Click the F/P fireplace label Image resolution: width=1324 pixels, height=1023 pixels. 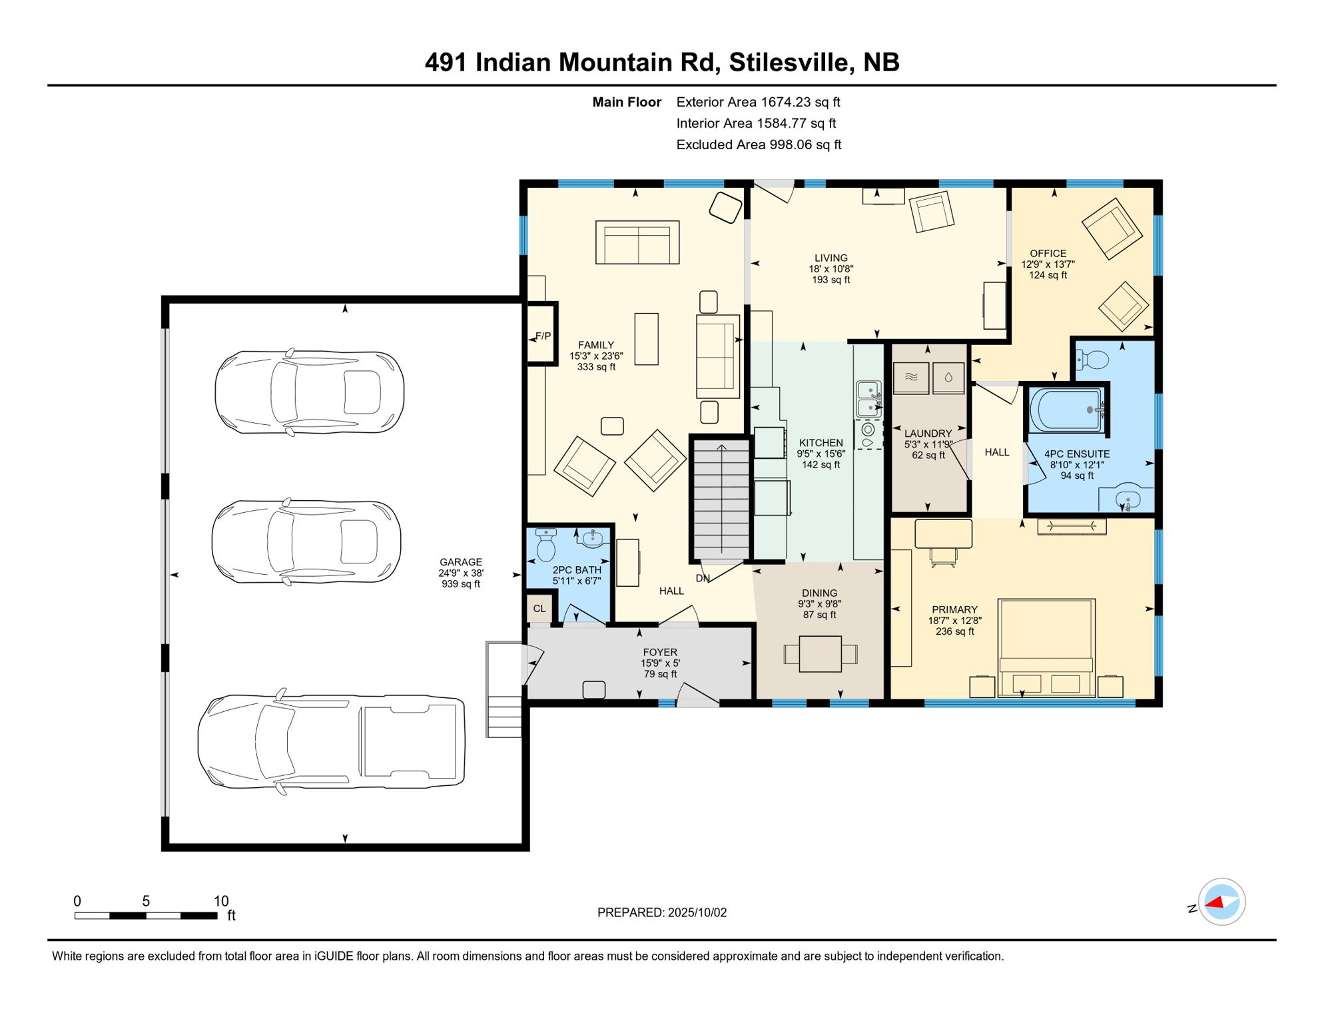pos(543,336)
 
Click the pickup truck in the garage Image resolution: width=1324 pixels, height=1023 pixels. pos(331,741)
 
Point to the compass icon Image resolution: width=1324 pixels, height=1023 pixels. pos(1221,902)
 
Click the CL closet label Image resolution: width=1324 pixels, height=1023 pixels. pos(539,608)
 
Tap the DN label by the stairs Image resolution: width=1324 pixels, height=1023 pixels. pos(702,578)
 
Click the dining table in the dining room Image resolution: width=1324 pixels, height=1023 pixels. pos(820,654)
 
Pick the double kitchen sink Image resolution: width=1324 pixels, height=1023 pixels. pos(868,398)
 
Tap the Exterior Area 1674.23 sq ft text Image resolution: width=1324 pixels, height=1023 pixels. pos(758,102)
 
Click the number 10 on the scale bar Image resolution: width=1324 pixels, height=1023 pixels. pos(220,901)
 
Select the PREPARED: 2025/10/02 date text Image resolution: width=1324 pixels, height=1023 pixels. pos(661,912)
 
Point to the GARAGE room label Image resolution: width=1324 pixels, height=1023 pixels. pos(460,562)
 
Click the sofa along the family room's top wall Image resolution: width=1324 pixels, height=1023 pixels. pos(637,242)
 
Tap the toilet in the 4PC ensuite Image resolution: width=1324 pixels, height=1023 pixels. pos(1092,360)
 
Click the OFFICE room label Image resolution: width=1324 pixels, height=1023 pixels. pos(1048,253)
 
